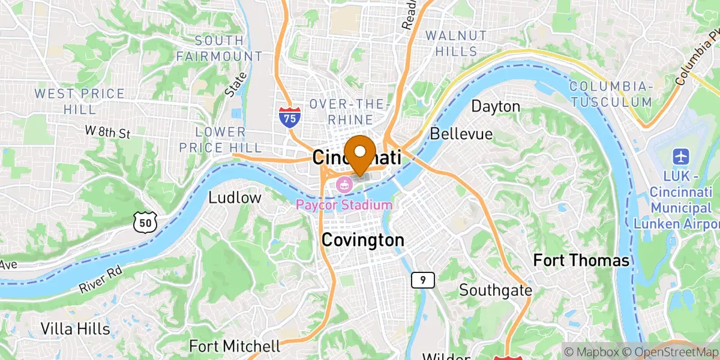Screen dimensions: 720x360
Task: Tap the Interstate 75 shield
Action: click(x=289, y=116)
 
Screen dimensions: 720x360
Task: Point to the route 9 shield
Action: click(x=423, y=279)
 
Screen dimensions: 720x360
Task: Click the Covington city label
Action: click(x=362, y=240)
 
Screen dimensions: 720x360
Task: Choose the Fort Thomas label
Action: click(x=581, y=260)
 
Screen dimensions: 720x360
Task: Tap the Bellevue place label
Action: click(x=461, y=133)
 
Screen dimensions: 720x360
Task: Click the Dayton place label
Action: click(x=496, y=107)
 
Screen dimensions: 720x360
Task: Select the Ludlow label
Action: click(x=235, y=197)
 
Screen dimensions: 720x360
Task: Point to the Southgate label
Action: click(x=496, y=290)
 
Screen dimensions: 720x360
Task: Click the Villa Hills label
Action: click(x=76, y=329)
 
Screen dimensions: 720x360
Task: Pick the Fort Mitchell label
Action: click(x=235, y=346)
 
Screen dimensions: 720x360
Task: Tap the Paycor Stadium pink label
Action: click(x=344, y=205)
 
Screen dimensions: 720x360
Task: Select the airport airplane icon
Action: click(x=682, y=157)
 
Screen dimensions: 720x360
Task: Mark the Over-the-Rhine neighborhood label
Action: click(x=341, y=112)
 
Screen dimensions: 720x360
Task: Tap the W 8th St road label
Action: click(x=107, y=131)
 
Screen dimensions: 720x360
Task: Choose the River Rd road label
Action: click(x=100, y=281)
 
